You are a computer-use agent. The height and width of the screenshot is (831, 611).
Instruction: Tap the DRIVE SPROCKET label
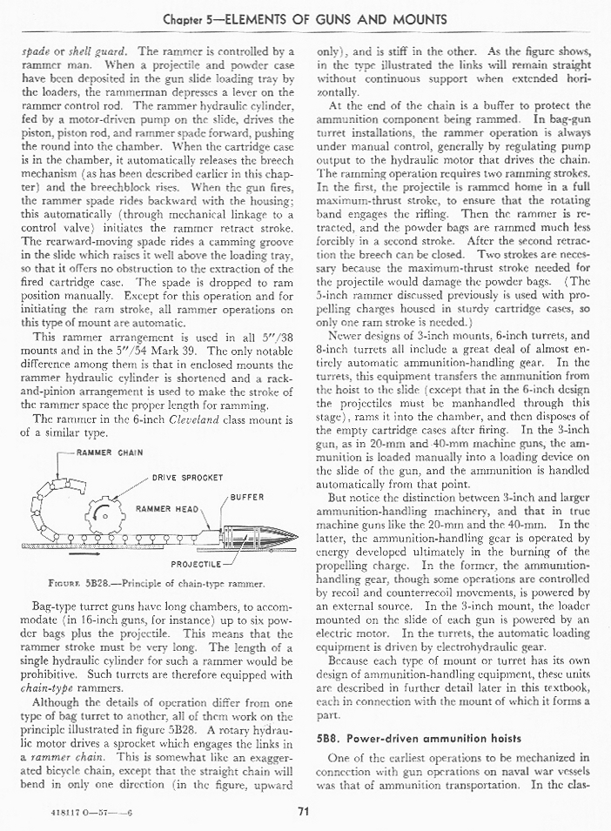click(x=188, y=478)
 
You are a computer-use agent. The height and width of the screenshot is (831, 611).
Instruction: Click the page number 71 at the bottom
click(x=304, y=813)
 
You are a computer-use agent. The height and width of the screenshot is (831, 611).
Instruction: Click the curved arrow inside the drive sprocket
click(x=97, y=511)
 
